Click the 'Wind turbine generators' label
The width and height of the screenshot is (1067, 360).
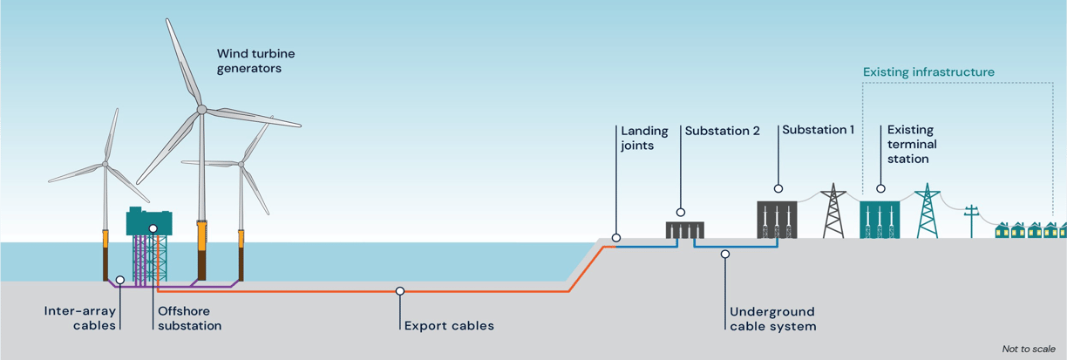tap(255, 61)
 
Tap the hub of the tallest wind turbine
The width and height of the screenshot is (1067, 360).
tap(201, 110)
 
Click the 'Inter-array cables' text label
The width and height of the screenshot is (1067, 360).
tap(80, 318)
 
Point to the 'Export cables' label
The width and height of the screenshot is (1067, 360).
tap(449, 326)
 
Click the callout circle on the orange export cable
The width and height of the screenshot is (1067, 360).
tap(400, 291)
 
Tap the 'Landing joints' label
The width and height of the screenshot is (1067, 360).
tap(644, 138)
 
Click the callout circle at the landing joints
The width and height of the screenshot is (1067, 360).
tap(616, 238)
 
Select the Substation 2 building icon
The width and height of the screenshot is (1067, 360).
tap(685, 230)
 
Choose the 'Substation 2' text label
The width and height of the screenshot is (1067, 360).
tap(722, 131)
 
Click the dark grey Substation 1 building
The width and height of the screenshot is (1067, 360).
tap(777, 220)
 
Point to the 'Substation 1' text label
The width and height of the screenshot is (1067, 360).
tap(819, 130)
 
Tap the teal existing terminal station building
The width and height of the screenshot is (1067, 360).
tap(880, 220)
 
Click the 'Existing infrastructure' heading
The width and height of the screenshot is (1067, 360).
tap(929, 71)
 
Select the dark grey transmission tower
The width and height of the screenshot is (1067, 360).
tap(833, 210)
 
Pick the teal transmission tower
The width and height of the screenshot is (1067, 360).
tap(928, 210)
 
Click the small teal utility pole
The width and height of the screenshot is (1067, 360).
tap(972, 221)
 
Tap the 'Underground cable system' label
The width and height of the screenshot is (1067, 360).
tap(773, 319)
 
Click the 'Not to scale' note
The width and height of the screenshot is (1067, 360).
tap(1029, 349)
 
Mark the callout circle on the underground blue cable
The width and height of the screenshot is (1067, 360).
tap(725, 255)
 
